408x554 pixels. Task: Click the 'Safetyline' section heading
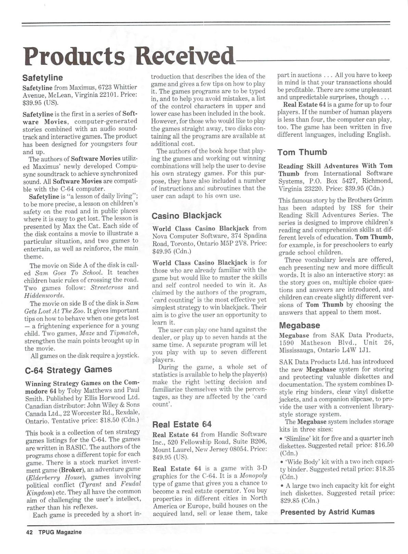point(42,78)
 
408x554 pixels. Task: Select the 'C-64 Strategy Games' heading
point(68,370)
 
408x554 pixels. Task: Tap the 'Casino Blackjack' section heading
point(187,216)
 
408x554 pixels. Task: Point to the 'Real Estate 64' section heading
point(182,424)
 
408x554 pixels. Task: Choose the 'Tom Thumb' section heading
point(302,152)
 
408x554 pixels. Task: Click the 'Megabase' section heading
point(299,325)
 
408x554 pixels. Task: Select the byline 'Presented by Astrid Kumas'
point(327,512)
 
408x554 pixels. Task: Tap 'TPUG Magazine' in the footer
point(60,532)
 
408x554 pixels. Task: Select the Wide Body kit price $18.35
point(383,469)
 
